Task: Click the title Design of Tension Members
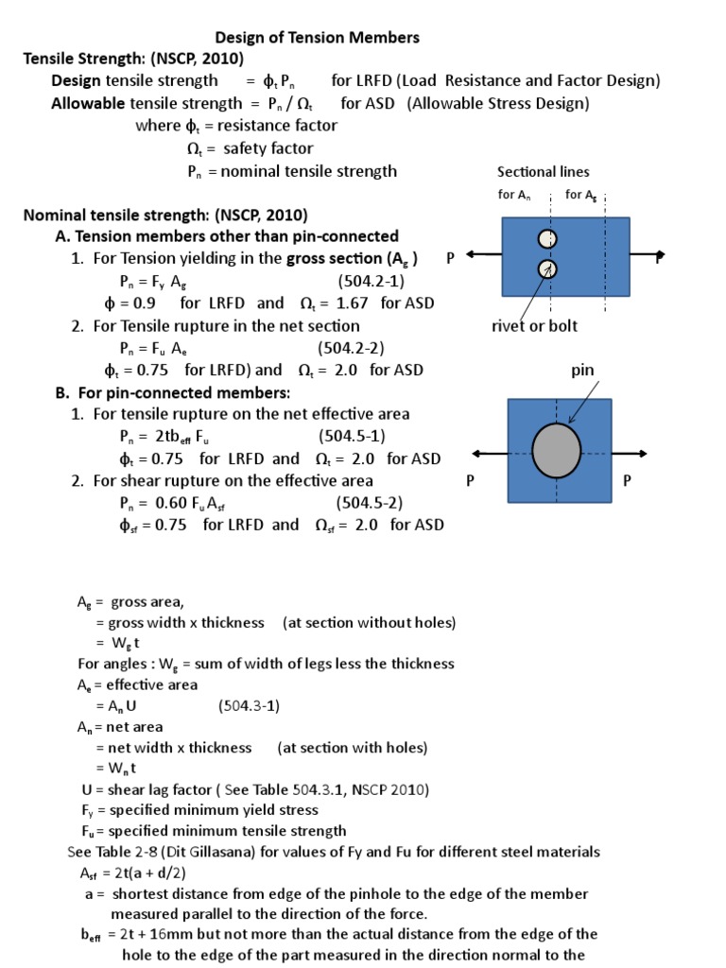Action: [x=318, y=38]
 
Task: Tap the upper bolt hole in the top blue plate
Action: [x=545, y=239]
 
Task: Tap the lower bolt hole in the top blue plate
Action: [x=545, y=269]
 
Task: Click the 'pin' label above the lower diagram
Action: [x=583, y=371]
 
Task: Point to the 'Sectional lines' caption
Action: [x=543, y=171]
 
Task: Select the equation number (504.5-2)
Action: [x=370, y=502]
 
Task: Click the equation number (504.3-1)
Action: [x=250, y=705]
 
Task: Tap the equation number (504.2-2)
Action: [x=351, y=348]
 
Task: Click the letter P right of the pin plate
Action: [x=625, y=480]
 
